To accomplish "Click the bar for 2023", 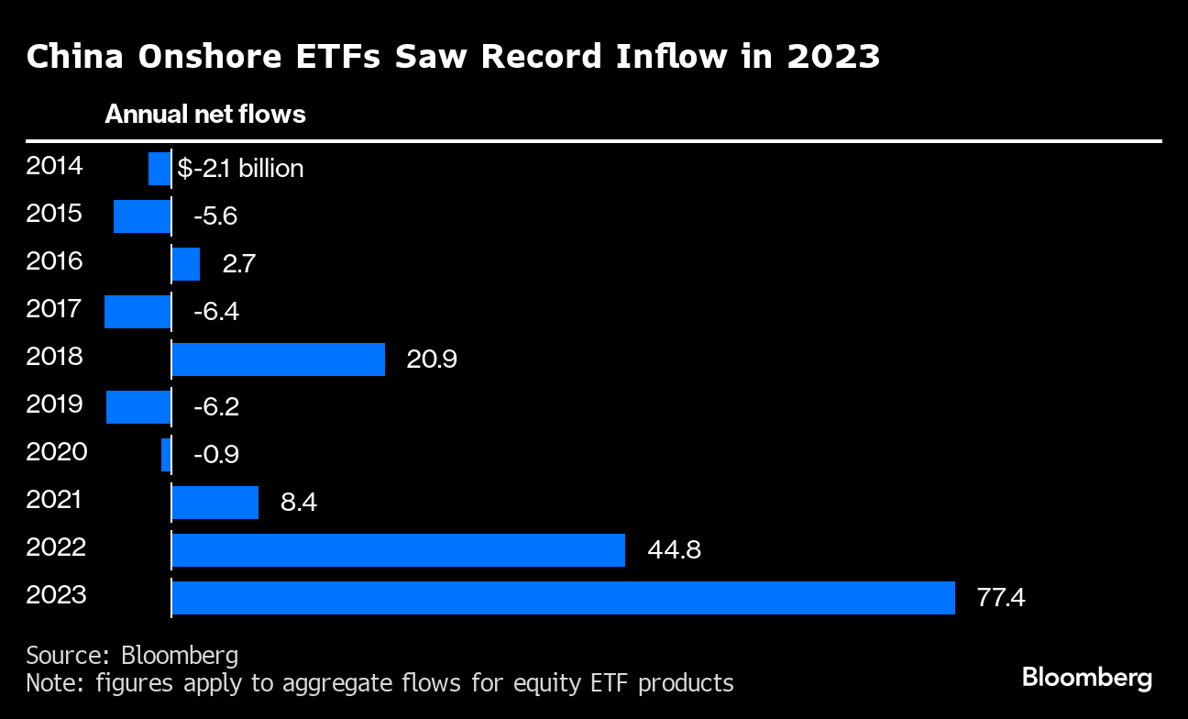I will click(x=563, y=597).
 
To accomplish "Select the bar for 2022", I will click(x=398, y=549).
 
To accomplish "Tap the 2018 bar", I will click(x=278, y=359).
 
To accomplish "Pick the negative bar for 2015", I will click(x=142, y=216).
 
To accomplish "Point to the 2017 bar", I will click(x=137, y=311).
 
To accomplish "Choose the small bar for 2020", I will click(x=166, y=454).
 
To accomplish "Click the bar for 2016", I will click(x=185, y=263).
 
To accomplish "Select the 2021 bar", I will click(x=214, y=502).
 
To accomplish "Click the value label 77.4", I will click(x=1001, y=599).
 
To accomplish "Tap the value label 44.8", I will click(x=675, y=550).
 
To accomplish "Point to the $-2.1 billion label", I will click(x=240, y=169).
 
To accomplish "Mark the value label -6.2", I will click(x=216, y=407).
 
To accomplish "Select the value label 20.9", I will click(x=432, y=359).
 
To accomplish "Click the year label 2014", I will click(x=55, y=166).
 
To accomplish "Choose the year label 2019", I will click(x=55, y=404).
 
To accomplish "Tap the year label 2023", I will click(x=57, y=595).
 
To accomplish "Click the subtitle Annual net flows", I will click(x=205, y=115).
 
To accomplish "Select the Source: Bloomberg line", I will click(x=132, y=655).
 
